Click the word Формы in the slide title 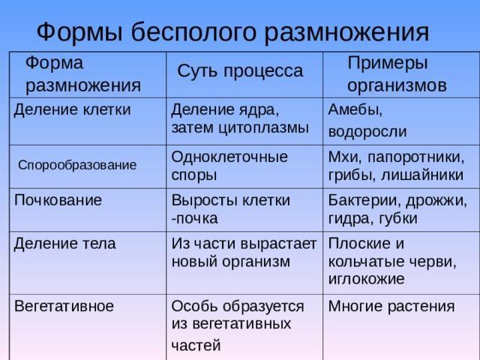[x=79, y=32]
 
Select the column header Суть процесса [x=240, y=72]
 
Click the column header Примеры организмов [x=397, y=74]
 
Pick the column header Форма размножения [x=83, y=74]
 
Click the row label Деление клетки [x=72, y=109]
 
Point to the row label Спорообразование [x=77, y=165]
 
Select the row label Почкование [x=58, y=200]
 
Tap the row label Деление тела [x=65, y=244]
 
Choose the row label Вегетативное [x=64, y=306]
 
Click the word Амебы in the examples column [x=355, y=110]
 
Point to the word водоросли [x=367, y=132]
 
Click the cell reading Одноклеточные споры [x=229, y=166]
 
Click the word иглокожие [x=366, y=279]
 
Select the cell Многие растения [x=391, y=307]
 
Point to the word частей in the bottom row [x=196, y=346]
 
